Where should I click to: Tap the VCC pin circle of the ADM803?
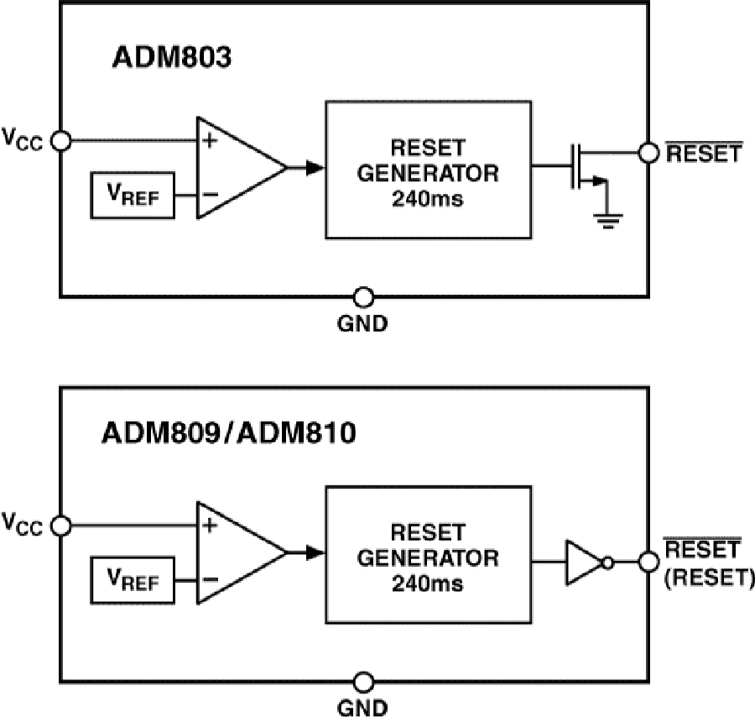point(60,140)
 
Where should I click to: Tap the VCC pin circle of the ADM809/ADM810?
point(60,526)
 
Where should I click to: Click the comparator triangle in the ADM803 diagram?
point(235,167)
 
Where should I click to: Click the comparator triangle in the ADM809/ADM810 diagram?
point(235,552)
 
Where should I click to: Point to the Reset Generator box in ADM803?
point(427,173)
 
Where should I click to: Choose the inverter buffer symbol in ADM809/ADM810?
point(585,561)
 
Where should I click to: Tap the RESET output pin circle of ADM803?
point(647,153)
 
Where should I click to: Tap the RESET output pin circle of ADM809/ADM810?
point(647,561)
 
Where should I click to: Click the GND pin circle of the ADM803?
point(363,296)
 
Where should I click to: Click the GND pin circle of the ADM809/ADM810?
point(363,681)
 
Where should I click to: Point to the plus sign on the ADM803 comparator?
point(210,141)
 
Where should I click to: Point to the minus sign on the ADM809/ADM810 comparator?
point(210,579)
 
